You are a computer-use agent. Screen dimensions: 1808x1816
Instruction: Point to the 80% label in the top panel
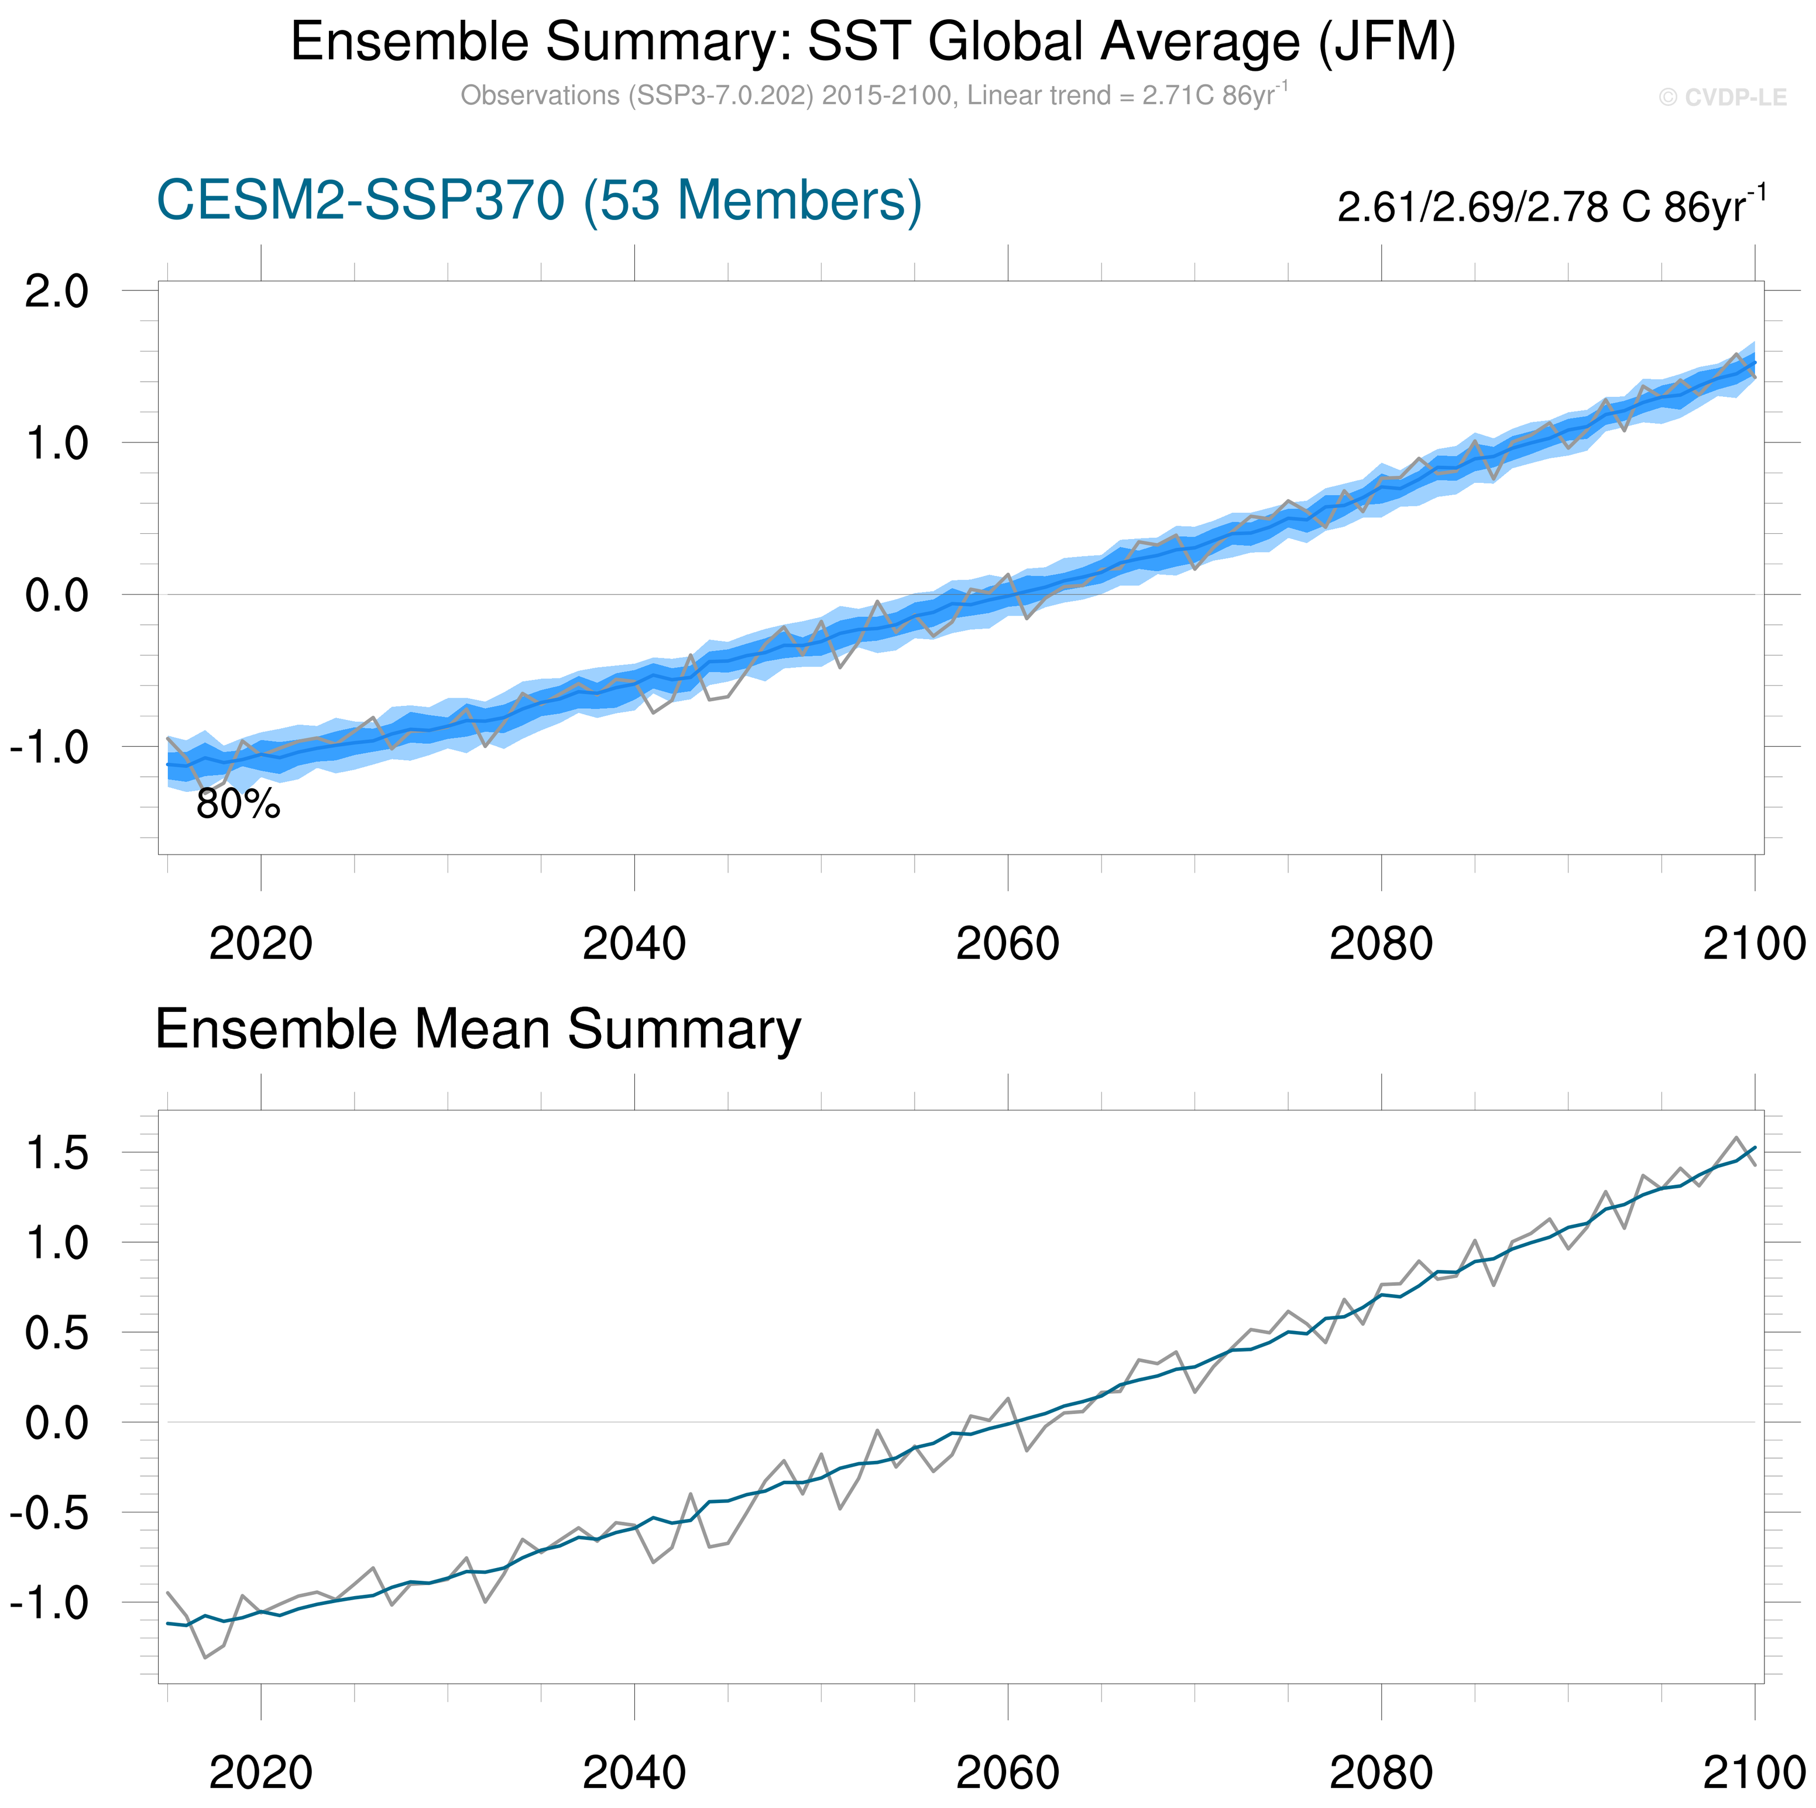tap(238, 805)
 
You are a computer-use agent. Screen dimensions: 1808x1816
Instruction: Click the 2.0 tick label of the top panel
tap(56, 291)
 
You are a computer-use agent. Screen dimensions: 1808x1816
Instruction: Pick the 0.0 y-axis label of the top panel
tap(56, 595)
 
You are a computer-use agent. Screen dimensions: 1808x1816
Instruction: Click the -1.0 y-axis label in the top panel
tap(49, 749)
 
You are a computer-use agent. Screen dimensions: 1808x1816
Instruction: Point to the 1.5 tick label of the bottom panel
tap(56, 1154)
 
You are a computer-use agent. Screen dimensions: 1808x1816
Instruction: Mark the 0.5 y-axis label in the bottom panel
tap(56, 1333)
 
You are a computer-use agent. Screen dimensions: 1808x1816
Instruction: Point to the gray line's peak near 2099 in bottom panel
tap(1736, 1138)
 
